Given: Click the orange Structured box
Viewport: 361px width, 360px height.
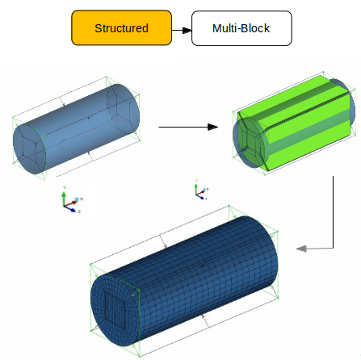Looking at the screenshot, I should (121, 28).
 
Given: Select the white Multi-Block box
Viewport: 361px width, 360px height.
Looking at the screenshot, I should (241, 28).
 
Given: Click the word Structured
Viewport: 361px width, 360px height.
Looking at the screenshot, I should (121, 28).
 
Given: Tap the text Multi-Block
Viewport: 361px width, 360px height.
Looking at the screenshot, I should (241, 28).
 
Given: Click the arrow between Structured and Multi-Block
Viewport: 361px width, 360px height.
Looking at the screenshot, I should (182, 31).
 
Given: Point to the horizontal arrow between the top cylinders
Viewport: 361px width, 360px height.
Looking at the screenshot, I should (186, 127).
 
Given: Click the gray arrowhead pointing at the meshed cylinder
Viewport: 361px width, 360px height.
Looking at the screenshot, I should (301, 249).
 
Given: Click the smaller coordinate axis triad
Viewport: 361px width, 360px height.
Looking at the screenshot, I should (199, 191).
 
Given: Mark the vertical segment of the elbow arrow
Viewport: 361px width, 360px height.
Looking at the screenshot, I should (333, 210).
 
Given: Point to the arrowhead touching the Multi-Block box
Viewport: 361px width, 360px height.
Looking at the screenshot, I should (187, 31).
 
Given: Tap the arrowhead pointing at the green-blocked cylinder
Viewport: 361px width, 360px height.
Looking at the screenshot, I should (213, 127).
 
